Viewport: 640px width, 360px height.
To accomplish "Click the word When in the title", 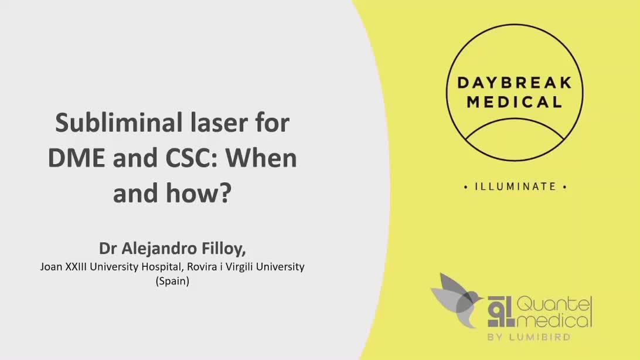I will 268,158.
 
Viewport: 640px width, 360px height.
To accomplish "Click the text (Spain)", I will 172,281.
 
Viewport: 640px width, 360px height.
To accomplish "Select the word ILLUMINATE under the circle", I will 515,187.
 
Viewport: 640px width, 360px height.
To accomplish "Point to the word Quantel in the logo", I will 556,304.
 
